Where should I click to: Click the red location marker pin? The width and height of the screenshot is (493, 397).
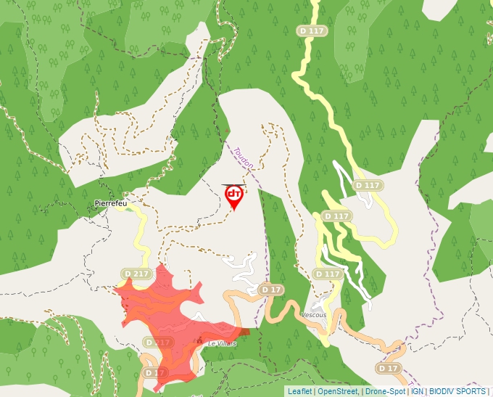pyautogui.click(x=234, y=196)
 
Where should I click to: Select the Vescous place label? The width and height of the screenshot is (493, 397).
pyautogui.click(x=314, y=316)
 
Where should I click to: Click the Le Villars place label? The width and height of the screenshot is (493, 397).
pyautogui.click(x=222, y=343)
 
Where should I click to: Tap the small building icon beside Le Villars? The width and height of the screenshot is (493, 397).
pyautogui.click(x=200, y=340)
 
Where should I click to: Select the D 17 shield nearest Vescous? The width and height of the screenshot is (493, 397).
pyautogui.click(x=271, y=290)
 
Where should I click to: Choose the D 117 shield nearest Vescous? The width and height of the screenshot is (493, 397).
pyautogui.click(x=328, y=274)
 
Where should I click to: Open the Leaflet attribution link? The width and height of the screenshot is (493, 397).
pyautogui.click(x=299, y=391)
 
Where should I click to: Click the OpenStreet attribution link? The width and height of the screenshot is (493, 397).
pyautogui.click(x=338, y=391)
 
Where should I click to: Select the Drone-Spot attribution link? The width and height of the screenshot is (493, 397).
pyautogui.click(x=386, y=391)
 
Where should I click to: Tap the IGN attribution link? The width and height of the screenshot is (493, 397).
pyautogui.click(x=417, y=391)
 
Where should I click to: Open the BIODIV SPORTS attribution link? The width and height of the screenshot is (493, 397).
pyautogui.click(x=457, y=391)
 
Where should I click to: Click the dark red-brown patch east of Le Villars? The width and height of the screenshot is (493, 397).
pyautogui.click(x=243, y=331)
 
